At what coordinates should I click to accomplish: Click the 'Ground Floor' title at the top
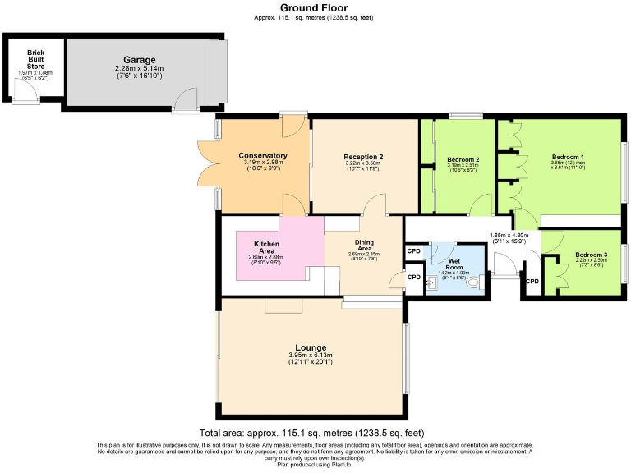pyautogui.click(x=315, y=7)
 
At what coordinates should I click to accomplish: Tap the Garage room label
pyautogui.click(x=140, y=60)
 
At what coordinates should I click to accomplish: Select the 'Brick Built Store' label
pyautogui.click(x=35, y=59)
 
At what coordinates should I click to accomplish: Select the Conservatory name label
pyautogui.click(x=263, y=155)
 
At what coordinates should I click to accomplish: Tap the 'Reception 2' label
pyautogui.click(x=363, y=157)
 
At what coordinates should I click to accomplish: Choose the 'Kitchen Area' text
pyautogui.click(x=265, y=248)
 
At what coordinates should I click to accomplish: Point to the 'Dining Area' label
pyautogui.click(x=364, y=246)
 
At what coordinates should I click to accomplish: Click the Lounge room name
pyautogui.click(x=311, y=347)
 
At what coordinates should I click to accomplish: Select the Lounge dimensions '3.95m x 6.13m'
pyautogui.click(x=311, y=355)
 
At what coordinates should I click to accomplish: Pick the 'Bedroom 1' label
pyautogui.click(x=567, y=158)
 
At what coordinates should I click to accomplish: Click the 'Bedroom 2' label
pyautogui.click(x=463, y=159)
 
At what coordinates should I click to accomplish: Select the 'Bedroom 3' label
pyautogui.click(x=591, y=255)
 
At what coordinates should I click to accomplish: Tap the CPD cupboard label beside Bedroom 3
pyautogui.click(x=532, y=282)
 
